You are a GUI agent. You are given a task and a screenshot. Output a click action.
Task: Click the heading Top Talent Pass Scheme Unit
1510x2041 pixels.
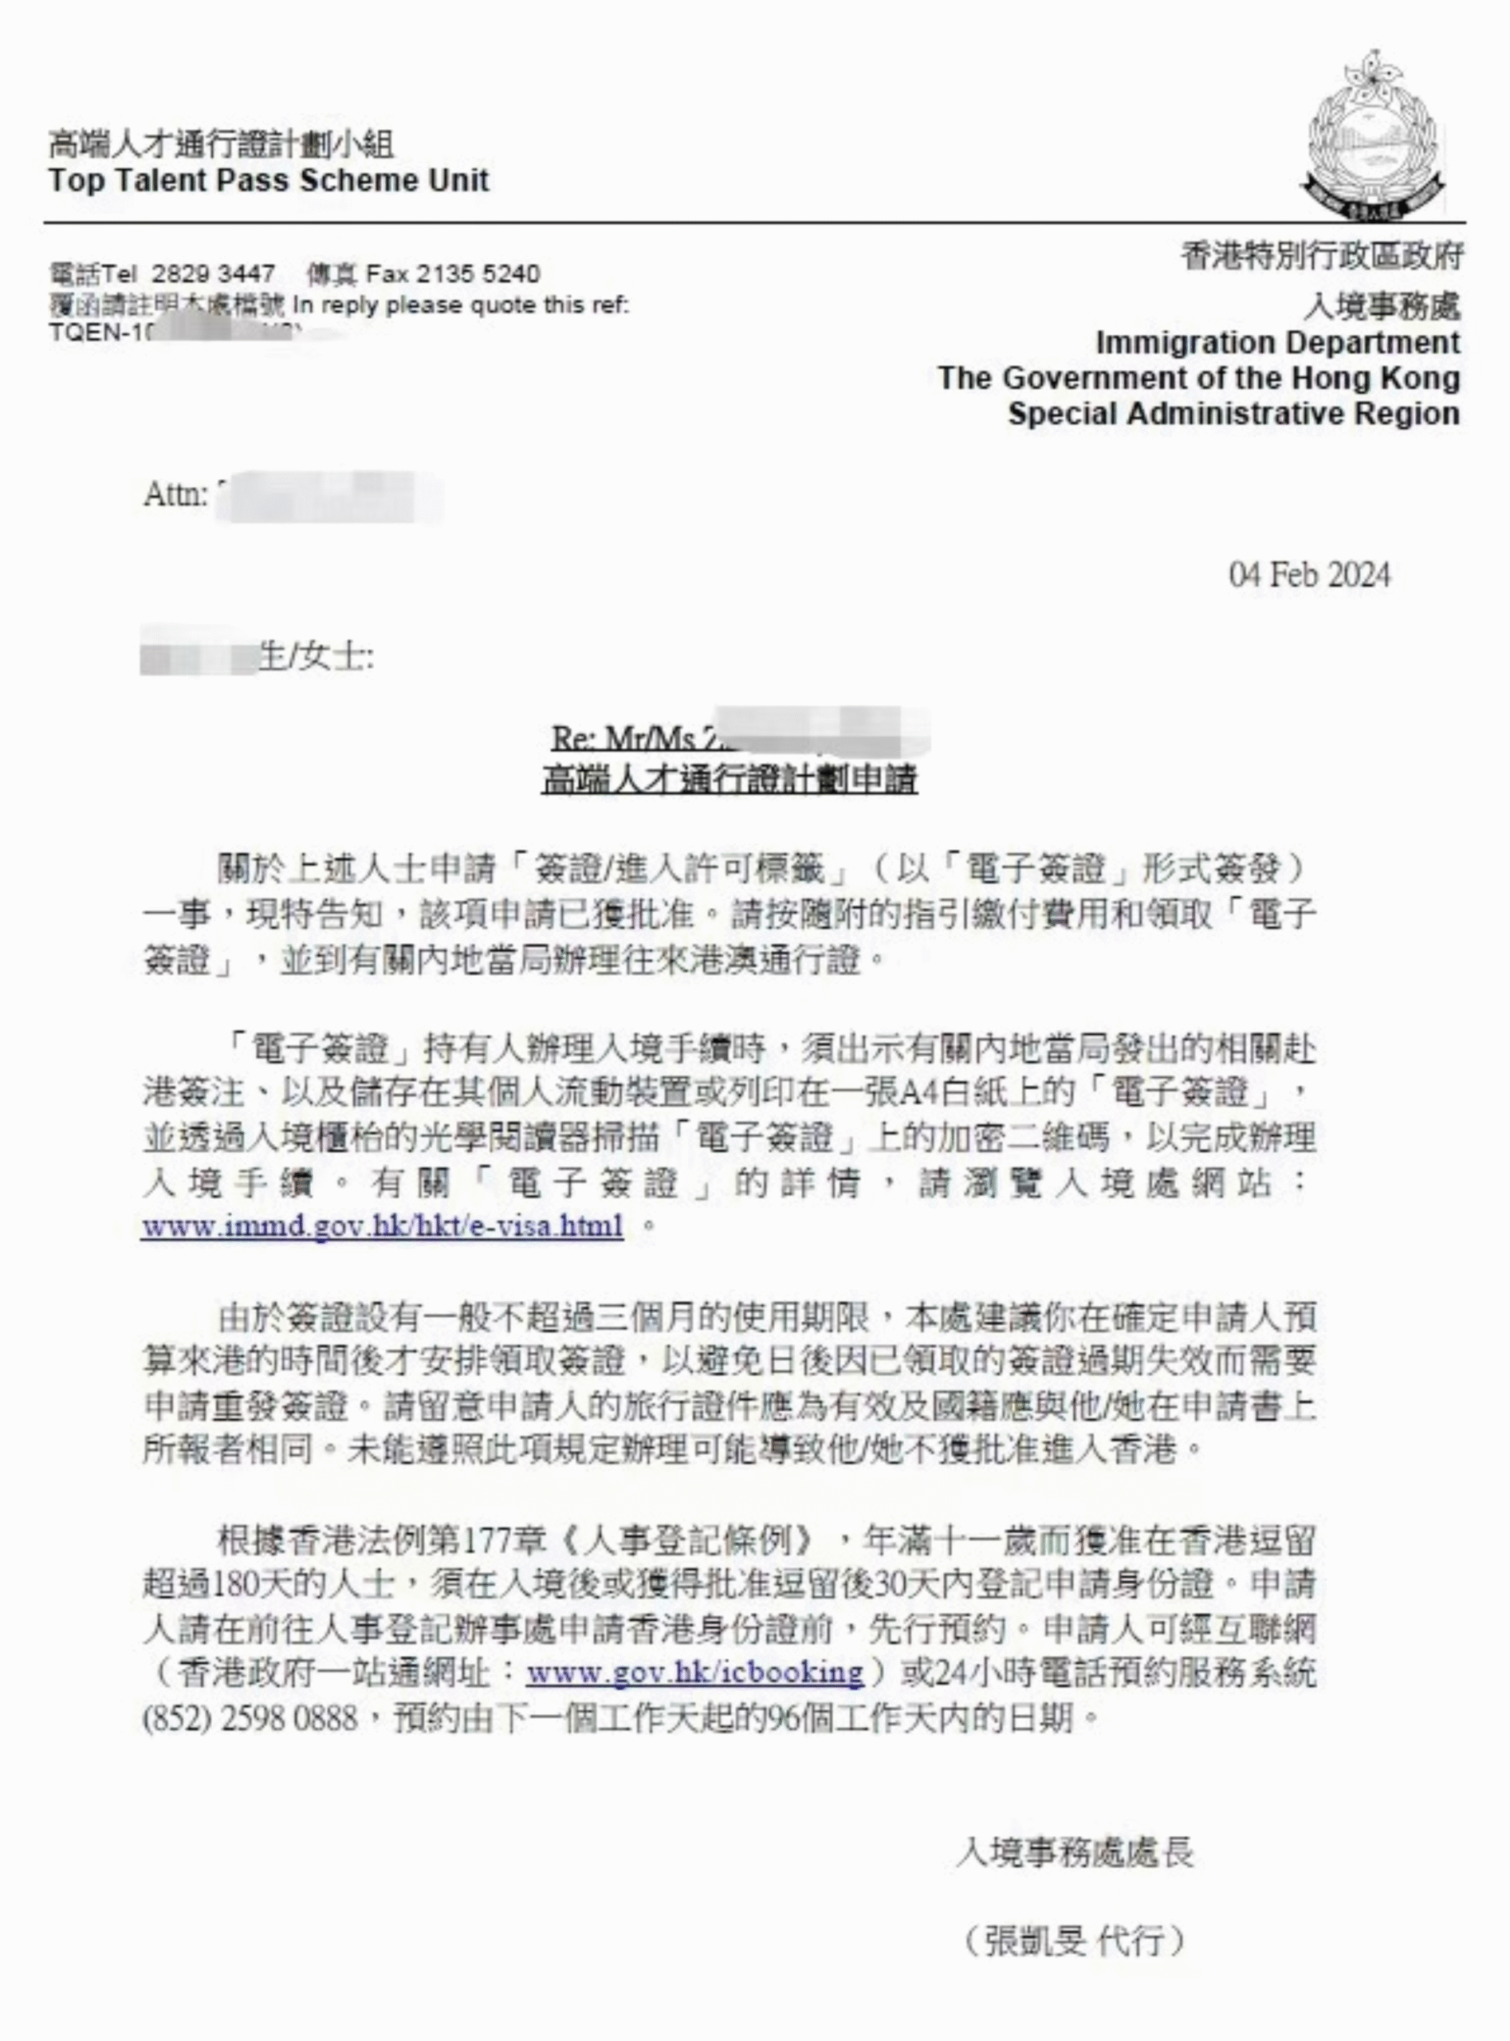(269, 180)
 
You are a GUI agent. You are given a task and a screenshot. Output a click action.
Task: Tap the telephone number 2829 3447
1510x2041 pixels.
(213, 273)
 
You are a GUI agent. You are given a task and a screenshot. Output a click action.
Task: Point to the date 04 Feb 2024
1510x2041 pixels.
(1309, 575)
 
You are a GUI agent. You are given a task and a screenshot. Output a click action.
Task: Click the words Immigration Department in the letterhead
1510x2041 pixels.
(1277, 343)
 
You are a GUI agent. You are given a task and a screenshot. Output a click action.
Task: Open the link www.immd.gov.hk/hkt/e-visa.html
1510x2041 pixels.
(382, 1225)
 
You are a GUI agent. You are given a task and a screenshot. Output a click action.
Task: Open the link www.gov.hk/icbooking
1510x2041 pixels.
(694, 1672)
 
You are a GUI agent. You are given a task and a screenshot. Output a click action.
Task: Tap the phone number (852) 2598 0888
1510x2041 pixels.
(250, 1717)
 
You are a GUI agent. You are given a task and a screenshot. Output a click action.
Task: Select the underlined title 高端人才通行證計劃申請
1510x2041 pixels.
(729, 780)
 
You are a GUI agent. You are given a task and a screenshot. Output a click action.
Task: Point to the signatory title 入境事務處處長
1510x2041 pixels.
(1074, 1852)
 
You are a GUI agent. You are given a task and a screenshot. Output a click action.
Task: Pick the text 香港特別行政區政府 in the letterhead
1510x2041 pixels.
(1321, 257)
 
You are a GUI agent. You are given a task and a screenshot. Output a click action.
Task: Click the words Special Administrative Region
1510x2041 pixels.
(1233, 414)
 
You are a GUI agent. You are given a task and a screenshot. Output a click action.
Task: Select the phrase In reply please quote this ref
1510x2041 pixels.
(461, 305)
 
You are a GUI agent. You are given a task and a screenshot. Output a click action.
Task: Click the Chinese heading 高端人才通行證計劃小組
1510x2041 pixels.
(221, 144)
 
